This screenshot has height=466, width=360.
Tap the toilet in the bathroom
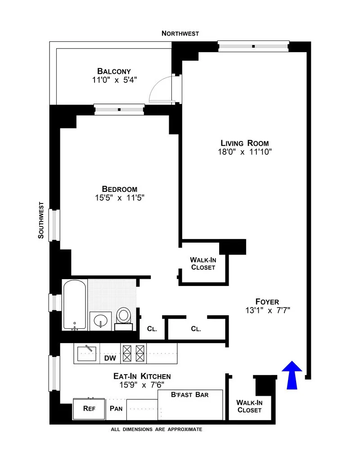pyautogui.click(x=123, y=316)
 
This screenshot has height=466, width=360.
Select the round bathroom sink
pyautogui.click(x=100, y=321)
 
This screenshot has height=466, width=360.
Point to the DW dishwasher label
pyautogui.click(x=110, y=358)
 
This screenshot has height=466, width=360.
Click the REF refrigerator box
pyautogui.click(x=89, y=409)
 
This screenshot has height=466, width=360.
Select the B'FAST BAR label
pyautogui.click(x=190, y=395)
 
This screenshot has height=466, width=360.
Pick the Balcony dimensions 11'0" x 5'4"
pyautogui.click(x=114, y=80)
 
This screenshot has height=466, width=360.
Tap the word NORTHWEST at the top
pyautogui.click(x=180, y=34)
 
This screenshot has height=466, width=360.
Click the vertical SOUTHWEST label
pyautogui.click(x=41, y=220)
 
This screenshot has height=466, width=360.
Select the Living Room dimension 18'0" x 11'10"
pyautogui.click(x=244, y=152)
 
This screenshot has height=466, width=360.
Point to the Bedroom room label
pyautogui.click(x=119, y=189)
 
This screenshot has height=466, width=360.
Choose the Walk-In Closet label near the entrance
pyautogui.click(x=249, y=406)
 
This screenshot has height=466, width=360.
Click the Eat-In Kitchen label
pyautogui.click(x=142, y=376)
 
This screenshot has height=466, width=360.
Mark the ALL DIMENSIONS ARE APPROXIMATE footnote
pyautogui.click(x=156, y=430)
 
